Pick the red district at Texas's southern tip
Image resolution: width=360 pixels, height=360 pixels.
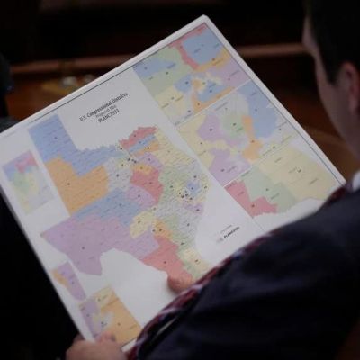click(x=167, y=256)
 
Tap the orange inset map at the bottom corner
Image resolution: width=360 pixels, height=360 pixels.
click(x=108, y=310)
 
